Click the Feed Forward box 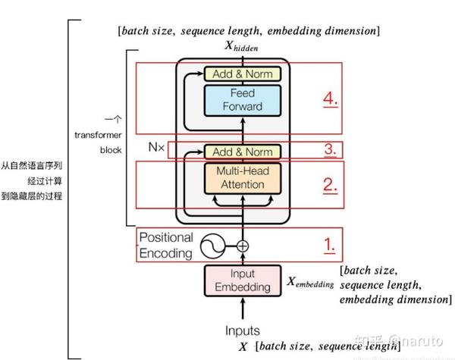243,99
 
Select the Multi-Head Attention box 243,177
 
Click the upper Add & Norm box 243,74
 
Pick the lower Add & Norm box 243,151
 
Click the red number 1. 328,245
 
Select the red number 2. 329,184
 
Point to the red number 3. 329,149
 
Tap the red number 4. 329,99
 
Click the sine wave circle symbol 214,246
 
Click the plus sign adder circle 243,246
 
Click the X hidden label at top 242,47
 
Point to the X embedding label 310,283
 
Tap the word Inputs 243,330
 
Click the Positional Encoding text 166,246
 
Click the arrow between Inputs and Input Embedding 243,309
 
